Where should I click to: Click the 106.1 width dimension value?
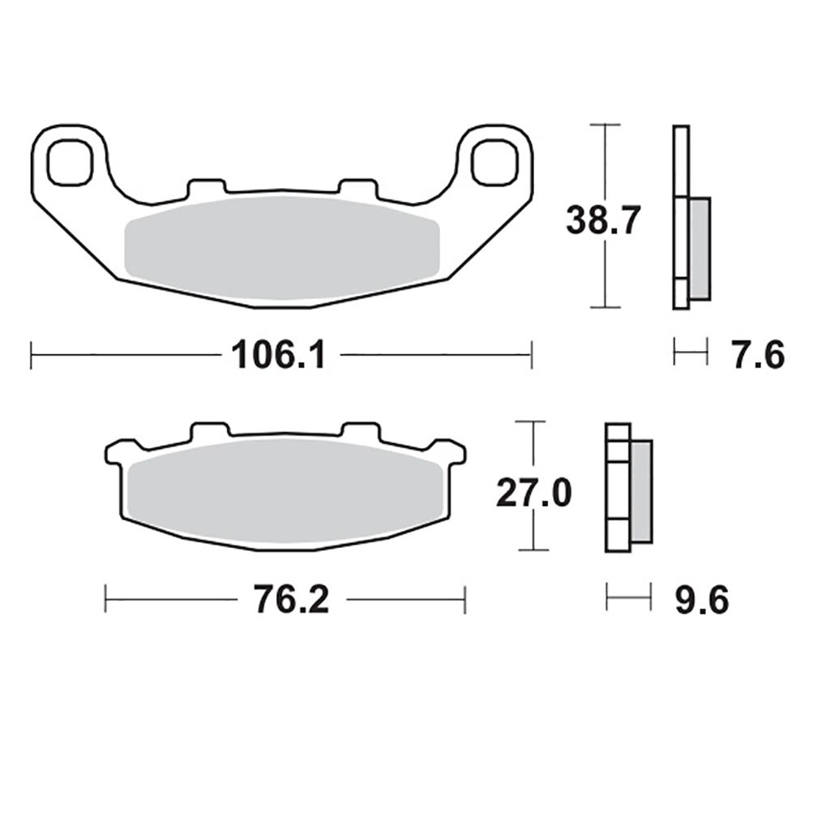(x=278, y=354)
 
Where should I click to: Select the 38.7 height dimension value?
(x=604, y=220)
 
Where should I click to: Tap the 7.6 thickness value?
(x=758, y=355)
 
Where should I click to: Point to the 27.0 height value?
(x=534, y=492)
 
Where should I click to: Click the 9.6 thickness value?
(x=702, y=601)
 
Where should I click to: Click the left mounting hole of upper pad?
(x=71, y=160)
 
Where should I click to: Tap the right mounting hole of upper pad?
(x=494, y=160)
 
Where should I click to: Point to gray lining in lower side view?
(x=640, y=492)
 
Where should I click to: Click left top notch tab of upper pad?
(x=205, y=187)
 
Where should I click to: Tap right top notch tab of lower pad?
(x=360, y=430)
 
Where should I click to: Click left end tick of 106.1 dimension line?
(x=31, y=354)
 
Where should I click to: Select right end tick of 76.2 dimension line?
(x=465, y=600)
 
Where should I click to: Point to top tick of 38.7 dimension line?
(x=605, y=125)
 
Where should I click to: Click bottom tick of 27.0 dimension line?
(x=532, y=550)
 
